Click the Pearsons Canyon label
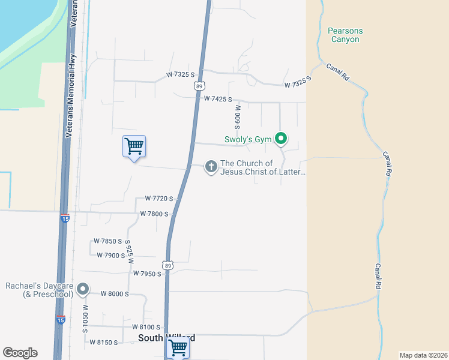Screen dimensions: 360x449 345,35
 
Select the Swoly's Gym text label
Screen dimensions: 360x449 249,139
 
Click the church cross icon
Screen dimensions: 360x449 211,166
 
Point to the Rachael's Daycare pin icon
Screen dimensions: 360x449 83,290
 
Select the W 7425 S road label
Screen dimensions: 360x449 218,98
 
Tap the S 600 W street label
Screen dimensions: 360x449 238,118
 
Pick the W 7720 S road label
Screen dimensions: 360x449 159,199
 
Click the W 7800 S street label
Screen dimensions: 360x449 154,214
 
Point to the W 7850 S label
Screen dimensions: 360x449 107,241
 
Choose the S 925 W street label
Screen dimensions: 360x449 129,252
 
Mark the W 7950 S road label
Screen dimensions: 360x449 147,274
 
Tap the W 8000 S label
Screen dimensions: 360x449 115,293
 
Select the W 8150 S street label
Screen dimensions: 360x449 104,342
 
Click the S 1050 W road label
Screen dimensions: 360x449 86,319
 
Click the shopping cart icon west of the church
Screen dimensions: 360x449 134,146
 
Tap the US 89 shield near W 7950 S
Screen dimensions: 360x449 168,265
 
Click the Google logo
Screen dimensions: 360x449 20,353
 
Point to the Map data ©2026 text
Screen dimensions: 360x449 423,355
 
